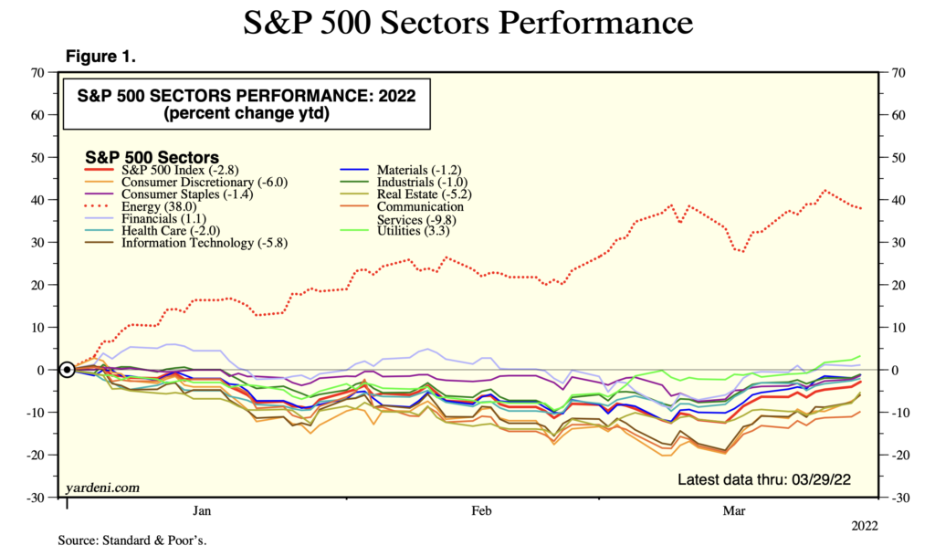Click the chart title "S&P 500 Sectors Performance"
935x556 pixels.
[x=467, y=22]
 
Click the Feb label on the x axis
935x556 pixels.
[x=480, y=511]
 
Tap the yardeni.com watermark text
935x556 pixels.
[x=102, y=488]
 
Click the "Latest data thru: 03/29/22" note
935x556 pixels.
[x=772, y=480]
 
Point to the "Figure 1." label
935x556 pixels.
[x=100, y=57]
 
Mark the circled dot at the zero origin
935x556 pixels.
[x=67, y=370]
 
